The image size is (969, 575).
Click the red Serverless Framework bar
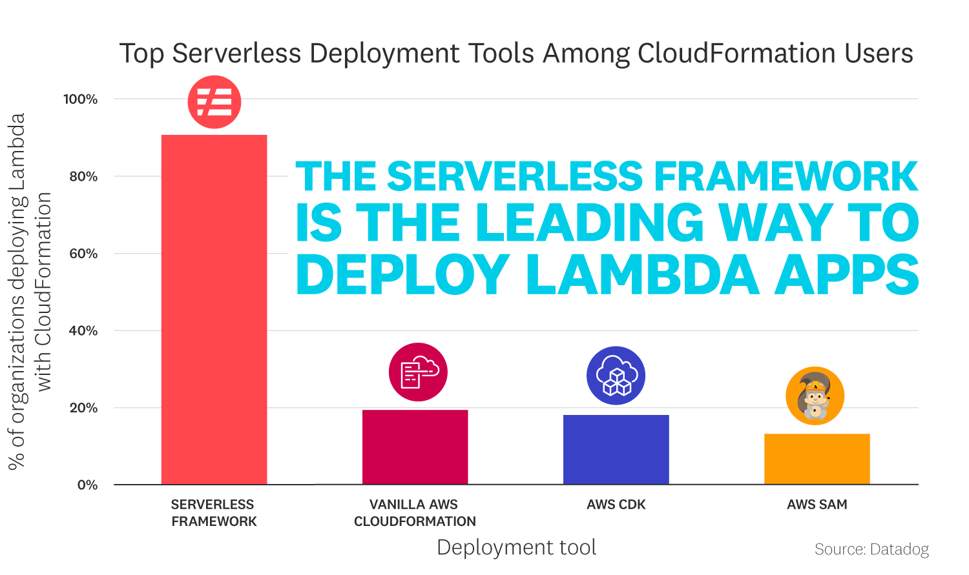[214, 310]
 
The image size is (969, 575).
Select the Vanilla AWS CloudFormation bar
[415, 447]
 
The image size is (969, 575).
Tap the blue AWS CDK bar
[616, 450]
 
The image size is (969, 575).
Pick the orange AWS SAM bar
[817, 459]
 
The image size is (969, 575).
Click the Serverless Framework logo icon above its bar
[214, 102]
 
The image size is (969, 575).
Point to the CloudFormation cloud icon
[418, 372]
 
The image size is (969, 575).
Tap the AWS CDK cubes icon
[616, 376]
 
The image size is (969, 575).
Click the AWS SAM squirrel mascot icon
[815, 396]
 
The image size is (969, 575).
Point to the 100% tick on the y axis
[80, 99]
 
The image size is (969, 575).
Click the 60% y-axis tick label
[83, 254]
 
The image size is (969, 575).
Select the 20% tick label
[83, 408]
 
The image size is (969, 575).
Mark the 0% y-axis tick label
[87, 485]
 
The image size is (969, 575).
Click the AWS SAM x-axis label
[817, 505]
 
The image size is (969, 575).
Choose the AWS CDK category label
[616, 505]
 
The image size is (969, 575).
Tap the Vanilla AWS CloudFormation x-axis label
[415, 513]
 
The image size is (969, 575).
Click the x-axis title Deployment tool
[516, 547]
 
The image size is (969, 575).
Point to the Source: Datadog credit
[871, 549]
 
